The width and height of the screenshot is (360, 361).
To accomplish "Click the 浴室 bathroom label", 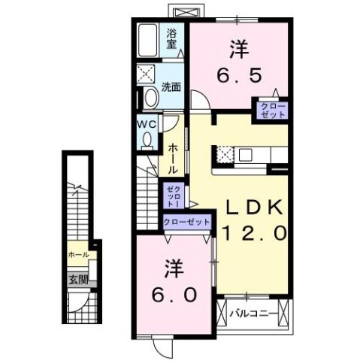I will point(173,39).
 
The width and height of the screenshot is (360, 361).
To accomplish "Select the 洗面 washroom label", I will point(171,86).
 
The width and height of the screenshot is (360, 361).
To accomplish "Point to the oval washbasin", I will point(149,97).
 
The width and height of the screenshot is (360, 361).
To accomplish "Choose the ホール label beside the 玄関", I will point(78,255).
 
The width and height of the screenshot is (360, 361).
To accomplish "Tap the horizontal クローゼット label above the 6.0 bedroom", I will point(187,221).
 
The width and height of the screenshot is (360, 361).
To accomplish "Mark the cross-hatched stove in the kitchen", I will point(224,155).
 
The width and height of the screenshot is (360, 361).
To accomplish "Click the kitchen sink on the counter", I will point(247,155).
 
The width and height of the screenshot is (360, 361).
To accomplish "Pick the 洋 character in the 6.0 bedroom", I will point(173,267).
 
